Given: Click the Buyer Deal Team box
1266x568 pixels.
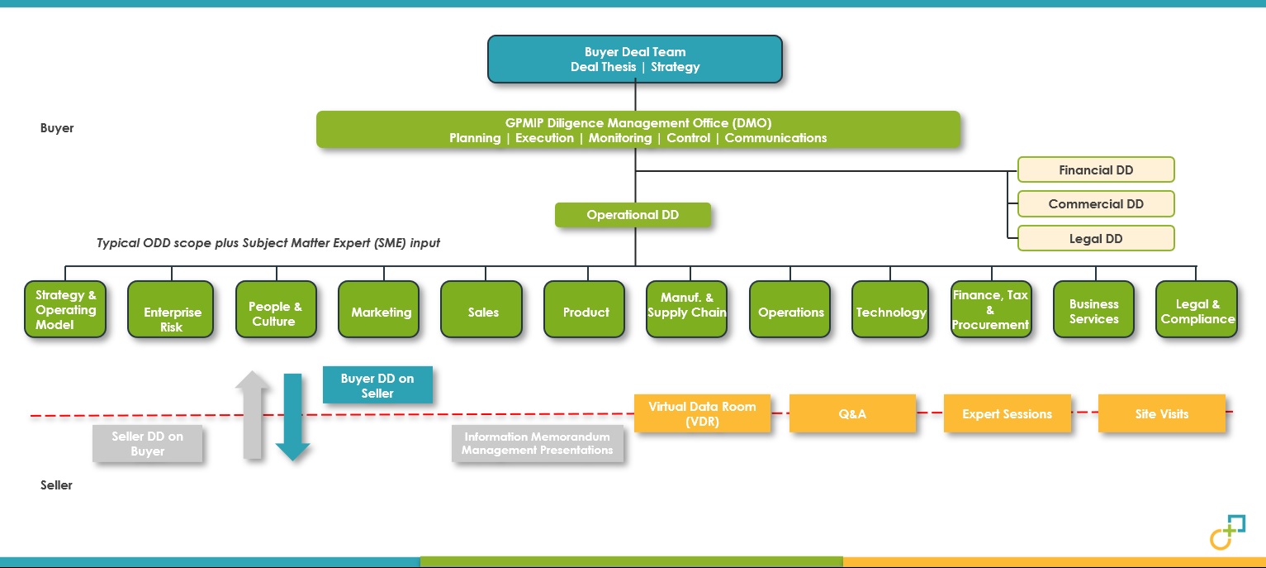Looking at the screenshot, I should [x=634, y=59].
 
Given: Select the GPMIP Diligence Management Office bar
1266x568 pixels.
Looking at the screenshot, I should [x=638, y=130].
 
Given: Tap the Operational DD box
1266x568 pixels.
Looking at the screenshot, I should [x=633, y=215].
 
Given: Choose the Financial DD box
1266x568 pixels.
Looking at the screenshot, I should [x=1096, y=169].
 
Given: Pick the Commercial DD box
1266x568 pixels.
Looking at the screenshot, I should [x=1096, y=203].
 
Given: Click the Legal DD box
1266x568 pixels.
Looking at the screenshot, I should [x=1096, y=238].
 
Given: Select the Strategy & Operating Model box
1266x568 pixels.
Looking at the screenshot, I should [x=65, y=309].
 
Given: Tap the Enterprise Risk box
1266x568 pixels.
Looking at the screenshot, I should [x=171, y=309].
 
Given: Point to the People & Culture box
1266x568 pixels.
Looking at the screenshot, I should [x=274, y=309].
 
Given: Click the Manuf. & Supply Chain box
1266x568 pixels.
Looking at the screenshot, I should [x=686, y=309].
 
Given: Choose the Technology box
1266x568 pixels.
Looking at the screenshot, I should [x=891, y=309].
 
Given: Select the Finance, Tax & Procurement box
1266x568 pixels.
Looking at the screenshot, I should [x=990, y=309].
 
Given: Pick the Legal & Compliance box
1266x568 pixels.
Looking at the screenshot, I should [x=1197, y=309].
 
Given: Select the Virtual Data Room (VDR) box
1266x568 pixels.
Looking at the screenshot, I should [x=702, y=413].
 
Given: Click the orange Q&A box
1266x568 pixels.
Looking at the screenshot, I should [x=852, y=413].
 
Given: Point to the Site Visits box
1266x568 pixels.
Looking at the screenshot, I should [x=1161, y=413].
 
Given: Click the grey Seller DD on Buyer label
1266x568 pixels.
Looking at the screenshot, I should [x=147, y=444].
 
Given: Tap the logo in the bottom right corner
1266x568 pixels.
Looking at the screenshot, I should [x=1226, y=532].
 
